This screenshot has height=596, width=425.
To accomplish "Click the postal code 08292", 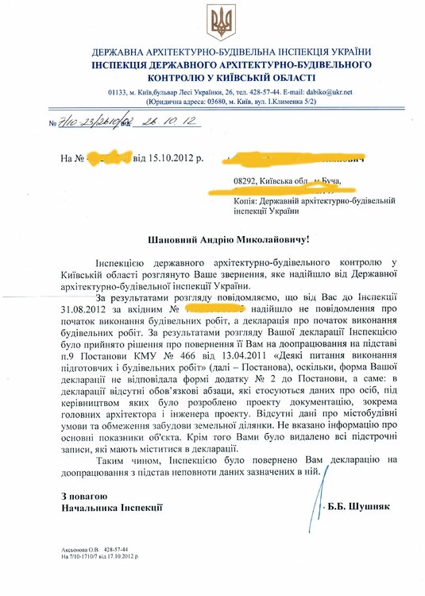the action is tap(247, 181).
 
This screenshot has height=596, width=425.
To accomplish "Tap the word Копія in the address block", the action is tap(249, 202).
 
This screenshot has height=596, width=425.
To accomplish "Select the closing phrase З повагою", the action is tap(85, 496).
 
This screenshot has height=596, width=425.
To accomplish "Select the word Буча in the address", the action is tap(328, 181).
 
